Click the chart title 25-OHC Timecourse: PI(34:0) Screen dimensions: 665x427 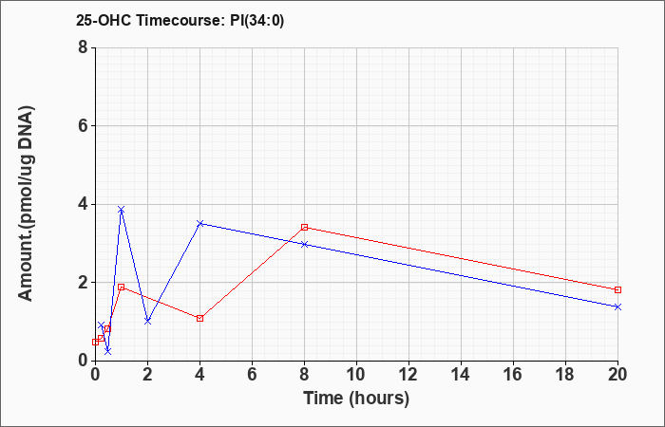tap(180, 20)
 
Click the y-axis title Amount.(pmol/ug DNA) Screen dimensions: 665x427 tap(27, 203)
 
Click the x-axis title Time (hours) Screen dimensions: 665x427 tap(356, 399)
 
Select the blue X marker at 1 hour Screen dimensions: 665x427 tap(122, 210)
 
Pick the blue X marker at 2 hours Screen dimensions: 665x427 tap(147, 321)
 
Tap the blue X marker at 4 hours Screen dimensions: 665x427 tap(200, 223)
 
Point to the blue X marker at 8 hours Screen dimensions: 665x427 tap(305, 244)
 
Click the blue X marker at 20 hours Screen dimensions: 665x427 tap(617, 306)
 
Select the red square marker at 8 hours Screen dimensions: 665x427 tap(305, 227)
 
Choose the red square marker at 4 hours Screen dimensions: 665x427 tap(200, 318)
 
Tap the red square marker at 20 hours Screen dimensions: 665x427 tap(617, 289)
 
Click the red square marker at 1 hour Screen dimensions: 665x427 tap(122, 287)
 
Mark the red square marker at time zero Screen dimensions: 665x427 tap(95, 342)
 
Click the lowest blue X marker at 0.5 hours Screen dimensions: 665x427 tap(108, 351)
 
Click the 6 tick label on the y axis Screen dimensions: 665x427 tap(84, 126)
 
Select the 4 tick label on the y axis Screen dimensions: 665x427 tap(84, 204)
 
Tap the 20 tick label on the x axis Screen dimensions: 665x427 tap(617, 375)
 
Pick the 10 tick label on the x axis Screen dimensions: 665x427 tap(356, 375)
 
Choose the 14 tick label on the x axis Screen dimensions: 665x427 tap(461, 375)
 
